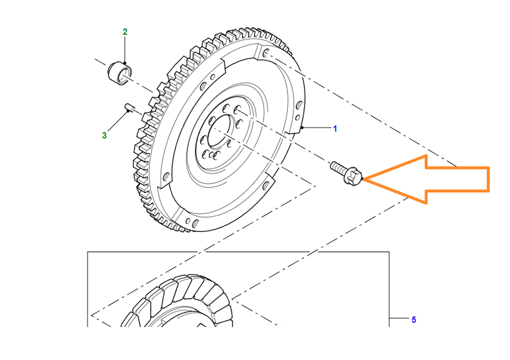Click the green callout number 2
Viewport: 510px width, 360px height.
[125, 32]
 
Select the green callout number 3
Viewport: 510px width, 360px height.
[104, 135]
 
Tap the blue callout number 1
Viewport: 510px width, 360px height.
[335, 129]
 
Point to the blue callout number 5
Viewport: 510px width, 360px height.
[414, 320]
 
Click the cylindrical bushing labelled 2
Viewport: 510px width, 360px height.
[120, 73]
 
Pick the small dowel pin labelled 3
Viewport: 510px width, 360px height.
[130, 107]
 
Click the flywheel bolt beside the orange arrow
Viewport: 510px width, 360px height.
[346, 173]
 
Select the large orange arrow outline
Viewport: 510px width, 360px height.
[426, 179]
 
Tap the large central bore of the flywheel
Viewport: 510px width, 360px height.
[219, 131]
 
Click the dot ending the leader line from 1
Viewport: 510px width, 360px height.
[302, 128]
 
